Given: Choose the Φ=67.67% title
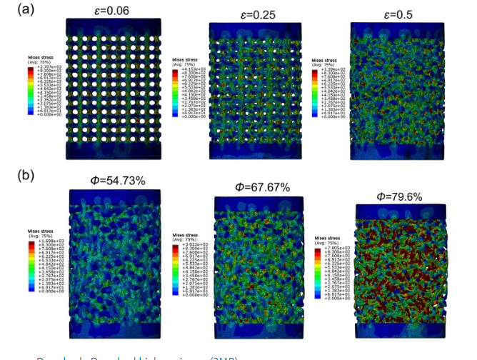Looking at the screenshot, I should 263,188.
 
